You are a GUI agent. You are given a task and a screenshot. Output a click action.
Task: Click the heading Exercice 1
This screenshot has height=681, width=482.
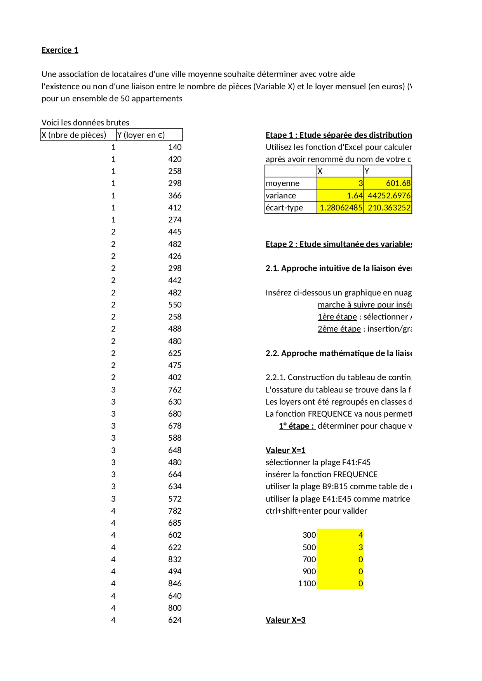coord(60,50)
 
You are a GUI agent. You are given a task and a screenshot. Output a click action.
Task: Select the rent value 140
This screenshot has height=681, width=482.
coord(175,147)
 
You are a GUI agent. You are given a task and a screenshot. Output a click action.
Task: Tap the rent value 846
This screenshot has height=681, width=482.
coord(175,584)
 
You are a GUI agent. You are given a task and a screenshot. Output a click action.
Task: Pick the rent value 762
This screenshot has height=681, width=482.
coord(175,389)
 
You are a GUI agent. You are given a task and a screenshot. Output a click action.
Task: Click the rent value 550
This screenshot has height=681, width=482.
coord(175,305)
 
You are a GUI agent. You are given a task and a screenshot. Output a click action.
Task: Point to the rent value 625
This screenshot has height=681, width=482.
coord(175,353)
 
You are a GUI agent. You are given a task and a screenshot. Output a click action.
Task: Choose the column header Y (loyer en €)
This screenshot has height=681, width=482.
coord(141,135)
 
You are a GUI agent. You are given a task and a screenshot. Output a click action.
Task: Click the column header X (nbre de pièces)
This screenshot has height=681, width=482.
coord(74,135)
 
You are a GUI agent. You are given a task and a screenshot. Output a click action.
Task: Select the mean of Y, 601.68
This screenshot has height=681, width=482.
coord(398,183)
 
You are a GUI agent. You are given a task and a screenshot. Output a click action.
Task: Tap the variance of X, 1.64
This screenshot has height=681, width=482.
coord(355,196)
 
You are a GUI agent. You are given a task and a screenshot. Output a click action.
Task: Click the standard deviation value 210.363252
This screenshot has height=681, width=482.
coord(389,208)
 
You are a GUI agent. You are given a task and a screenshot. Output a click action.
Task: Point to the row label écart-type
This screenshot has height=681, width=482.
coord(284,208)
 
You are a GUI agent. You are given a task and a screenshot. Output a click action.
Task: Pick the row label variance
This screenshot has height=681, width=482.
coord(281,196)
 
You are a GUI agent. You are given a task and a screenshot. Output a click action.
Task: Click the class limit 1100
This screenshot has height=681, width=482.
coord(307,584)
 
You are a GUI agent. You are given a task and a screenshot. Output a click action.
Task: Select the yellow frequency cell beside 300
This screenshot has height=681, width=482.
coord(340,535)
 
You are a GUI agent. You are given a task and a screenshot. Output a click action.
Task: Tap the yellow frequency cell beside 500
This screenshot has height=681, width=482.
coord(340,547)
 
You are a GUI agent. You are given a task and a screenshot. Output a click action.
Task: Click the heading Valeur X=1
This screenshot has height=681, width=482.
coord(285,450)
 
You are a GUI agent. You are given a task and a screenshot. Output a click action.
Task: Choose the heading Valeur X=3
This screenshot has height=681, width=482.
coord(285,620)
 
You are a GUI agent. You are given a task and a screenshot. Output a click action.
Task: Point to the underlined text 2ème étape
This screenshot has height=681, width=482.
coord(339,329)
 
